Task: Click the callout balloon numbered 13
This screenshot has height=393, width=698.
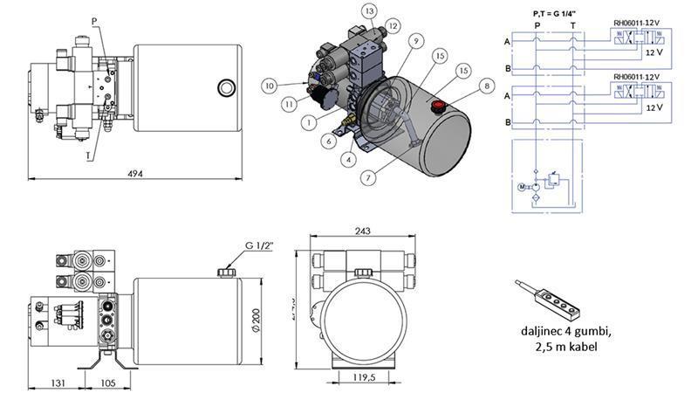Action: coord(370,10)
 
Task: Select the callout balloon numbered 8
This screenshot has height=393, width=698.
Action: coord(485,86)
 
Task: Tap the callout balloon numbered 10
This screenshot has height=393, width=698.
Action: coord(270,86)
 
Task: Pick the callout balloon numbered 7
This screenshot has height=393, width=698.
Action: coord(370,177)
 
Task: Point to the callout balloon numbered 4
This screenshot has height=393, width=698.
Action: coord(348,159)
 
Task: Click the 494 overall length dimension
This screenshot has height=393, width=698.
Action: coord(135,173)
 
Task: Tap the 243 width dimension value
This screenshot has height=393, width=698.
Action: coord(363,231)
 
